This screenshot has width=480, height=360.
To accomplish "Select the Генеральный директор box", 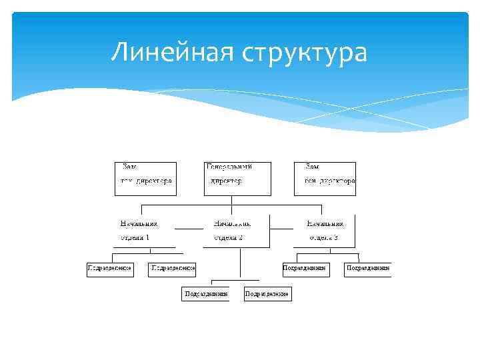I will click(238, 178).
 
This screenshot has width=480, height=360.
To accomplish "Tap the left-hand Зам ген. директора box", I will click(145, 178).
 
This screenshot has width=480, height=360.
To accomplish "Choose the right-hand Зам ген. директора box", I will click(325, 178).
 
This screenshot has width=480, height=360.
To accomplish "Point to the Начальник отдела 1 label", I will click(139, 230).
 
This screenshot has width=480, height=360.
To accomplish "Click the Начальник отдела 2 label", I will click(232, 230).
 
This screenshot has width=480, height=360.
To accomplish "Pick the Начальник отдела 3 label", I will click(325, 230).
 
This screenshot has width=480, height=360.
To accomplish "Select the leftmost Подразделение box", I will click(110, 269).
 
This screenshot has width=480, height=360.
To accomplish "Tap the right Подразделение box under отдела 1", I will click(172, 269).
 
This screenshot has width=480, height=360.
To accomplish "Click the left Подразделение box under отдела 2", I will click(205, 294).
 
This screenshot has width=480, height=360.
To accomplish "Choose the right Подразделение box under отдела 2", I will click(267, 294).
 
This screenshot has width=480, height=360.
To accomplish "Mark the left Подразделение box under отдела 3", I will click(305, 269).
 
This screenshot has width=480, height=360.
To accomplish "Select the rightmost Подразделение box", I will click(367, 269).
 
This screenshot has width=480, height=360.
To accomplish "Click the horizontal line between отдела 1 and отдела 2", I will click(189, 229).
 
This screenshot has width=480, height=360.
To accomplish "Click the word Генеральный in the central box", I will click(229, 166).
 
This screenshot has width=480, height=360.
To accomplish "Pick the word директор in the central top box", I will click(226, 181).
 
